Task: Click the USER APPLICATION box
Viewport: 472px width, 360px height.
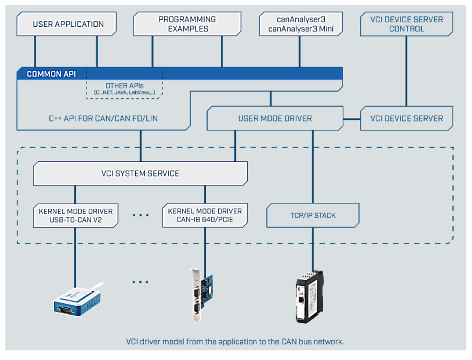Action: pos(68,24)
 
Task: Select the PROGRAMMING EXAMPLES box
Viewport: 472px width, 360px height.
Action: pos(187,24)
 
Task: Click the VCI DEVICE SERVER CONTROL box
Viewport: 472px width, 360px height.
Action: pos(406,24)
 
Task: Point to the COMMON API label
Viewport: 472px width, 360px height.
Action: pos(52,74)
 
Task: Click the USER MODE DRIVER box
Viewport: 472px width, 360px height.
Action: pos(275,118)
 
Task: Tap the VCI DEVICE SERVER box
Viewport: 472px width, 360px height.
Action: pos(406,118)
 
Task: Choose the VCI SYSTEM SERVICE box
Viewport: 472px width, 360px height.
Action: pos(140,173)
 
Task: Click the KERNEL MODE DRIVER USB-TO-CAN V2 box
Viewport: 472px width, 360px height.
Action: pos(76,215)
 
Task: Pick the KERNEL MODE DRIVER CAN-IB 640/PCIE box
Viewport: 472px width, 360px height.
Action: pos(205,215)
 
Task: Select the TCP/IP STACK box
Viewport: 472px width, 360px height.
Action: pos(313,215)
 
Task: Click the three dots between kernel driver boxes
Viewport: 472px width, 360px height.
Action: pos(140,215)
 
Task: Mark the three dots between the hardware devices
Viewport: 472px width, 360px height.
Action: pos(140,282)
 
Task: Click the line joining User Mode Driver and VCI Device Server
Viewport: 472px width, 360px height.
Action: pos(352,118)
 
